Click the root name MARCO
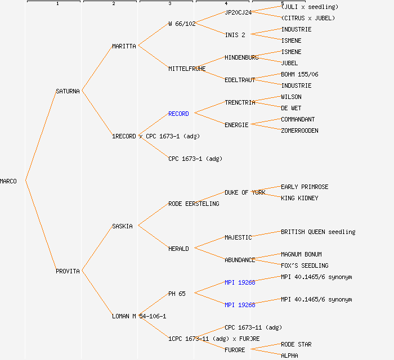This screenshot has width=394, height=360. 8,181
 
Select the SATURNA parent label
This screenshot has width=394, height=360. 68,91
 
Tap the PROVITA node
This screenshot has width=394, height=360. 68,271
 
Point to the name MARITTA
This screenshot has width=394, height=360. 124,46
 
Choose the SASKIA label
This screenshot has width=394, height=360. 122,226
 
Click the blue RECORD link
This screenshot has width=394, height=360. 178,114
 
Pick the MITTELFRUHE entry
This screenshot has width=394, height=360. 187,69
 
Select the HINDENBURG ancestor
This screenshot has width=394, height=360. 241,57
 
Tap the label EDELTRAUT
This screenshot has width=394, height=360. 240,80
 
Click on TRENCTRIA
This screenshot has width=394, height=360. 240,102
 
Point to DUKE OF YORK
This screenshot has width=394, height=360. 245,192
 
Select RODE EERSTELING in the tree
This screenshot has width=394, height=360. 194,204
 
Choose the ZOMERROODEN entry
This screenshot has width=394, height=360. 299,130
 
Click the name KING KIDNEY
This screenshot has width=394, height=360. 299,198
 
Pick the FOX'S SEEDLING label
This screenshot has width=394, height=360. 305,265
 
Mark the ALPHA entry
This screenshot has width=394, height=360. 289,355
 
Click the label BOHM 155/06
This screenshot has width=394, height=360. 299,74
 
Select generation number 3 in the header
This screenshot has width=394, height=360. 169,4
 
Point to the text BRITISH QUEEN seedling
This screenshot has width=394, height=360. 318,232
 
